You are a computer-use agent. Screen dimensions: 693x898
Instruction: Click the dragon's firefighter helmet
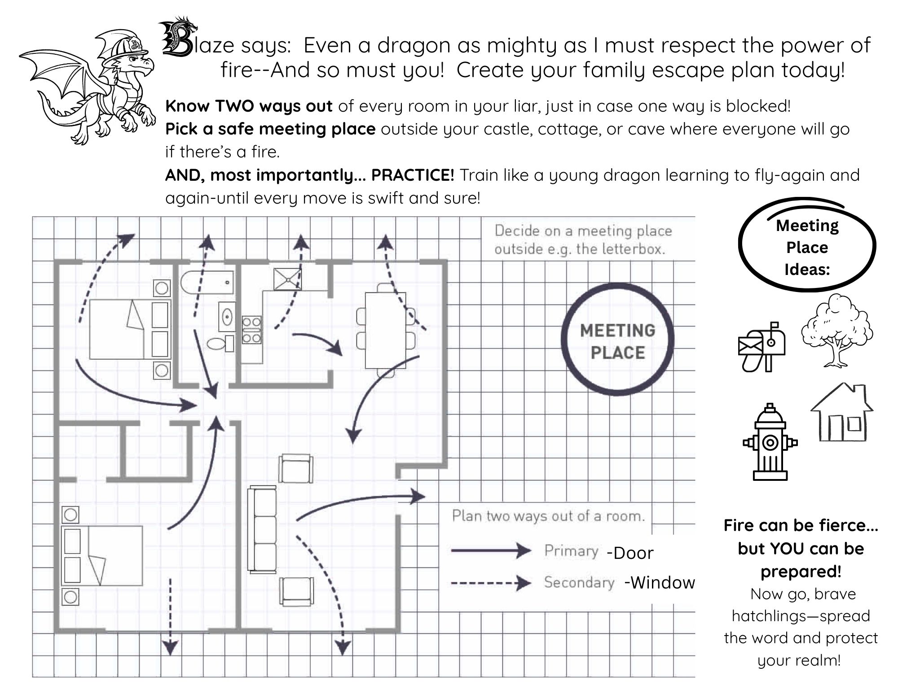click(126, 45)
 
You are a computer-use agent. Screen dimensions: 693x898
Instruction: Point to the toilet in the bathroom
click(220, 344)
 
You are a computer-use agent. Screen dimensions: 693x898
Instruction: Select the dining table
click(385, 330)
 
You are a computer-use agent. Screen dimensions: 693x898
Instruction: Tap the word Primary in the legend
click(571, 551)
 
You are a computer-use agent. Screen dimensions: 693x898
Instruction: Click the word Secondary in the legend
click(579, 582)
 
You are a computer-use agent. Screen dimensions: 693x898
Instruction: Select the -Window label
click(660, 583)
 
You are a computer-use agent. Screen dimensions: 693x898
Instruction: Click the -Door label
click(630, 553)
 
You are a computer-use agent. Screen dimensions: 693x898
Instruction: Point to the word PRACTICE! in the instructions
click(413, 175)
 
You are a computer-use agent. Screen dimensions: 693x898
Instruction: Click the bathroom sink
click(228, 317)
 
